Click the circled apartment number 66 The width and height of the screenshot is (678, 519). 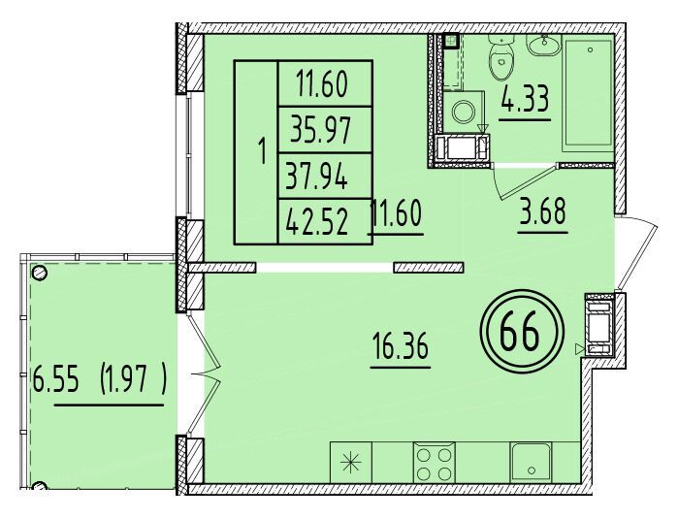pos(522,332)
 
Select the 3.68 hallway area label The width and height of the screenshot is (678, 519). pos(542,211)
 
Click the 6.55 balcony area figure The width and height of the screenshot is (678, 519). pos(56,381)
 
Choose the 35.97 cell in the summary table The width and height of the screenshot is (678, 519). pos(320,130)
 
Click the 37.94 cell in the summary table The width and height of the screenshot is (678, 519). pos(317,176)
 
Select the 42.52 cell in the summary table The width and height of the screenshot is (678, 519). pos(317,222)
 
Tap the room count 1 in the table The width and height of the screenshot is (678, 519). pos(261,152)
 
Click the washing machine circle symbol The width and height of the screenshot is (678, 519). pos(464,112)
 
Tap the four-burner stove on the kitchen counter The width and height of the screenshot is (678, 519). pos(434,463)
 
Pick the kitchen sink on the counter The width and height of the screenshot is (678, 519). pos(531,462)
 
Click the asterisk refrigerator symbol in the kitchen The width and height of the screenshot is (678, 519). pos(351,463)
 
